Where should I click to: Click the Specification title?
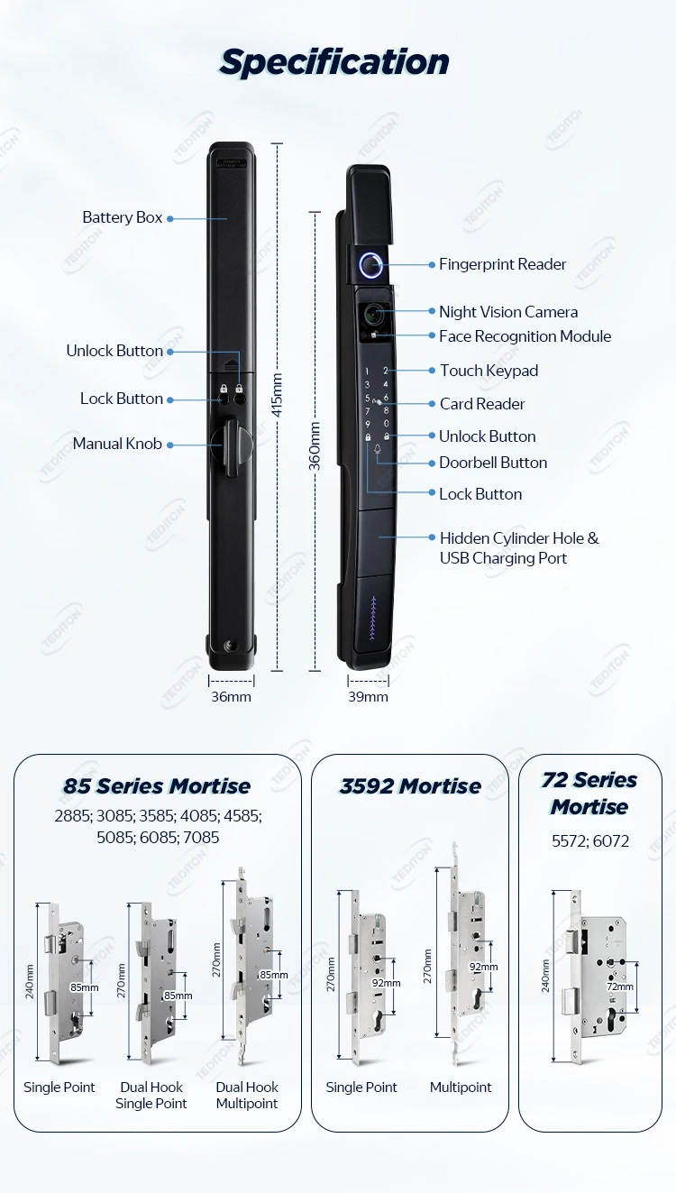tap(334, 62)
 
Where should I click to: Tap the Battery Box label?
tap(123, 217)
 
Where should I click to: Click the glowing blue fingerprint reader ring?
tap(371, 265)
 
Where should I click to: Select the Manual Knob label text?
tap(117, 444)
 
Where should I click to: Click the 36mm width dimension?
tap(232, 696)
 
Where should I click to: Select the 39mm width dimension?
tap(368, 696)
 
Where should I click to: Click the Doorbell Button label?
tap(493, 463)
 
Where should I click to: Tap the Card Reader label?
tap(482, 404)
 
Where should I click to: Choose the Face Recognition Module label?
tap(525, 336)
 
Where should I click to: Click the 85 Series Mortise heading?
tap(157, 786)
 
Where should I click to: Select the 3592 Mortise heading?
tap(410, 786)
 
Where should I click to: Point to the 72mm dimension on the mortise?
tap(619, 987)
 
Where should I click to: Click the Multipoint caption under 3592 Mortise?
tap(461, 1087)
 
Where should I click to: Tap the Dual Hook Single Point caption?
tap(151, 1096)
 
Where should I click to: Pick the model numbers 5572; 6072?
tap(590, 841)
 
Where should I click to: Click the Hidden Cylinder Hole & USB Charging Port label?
tap(518, 548)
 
